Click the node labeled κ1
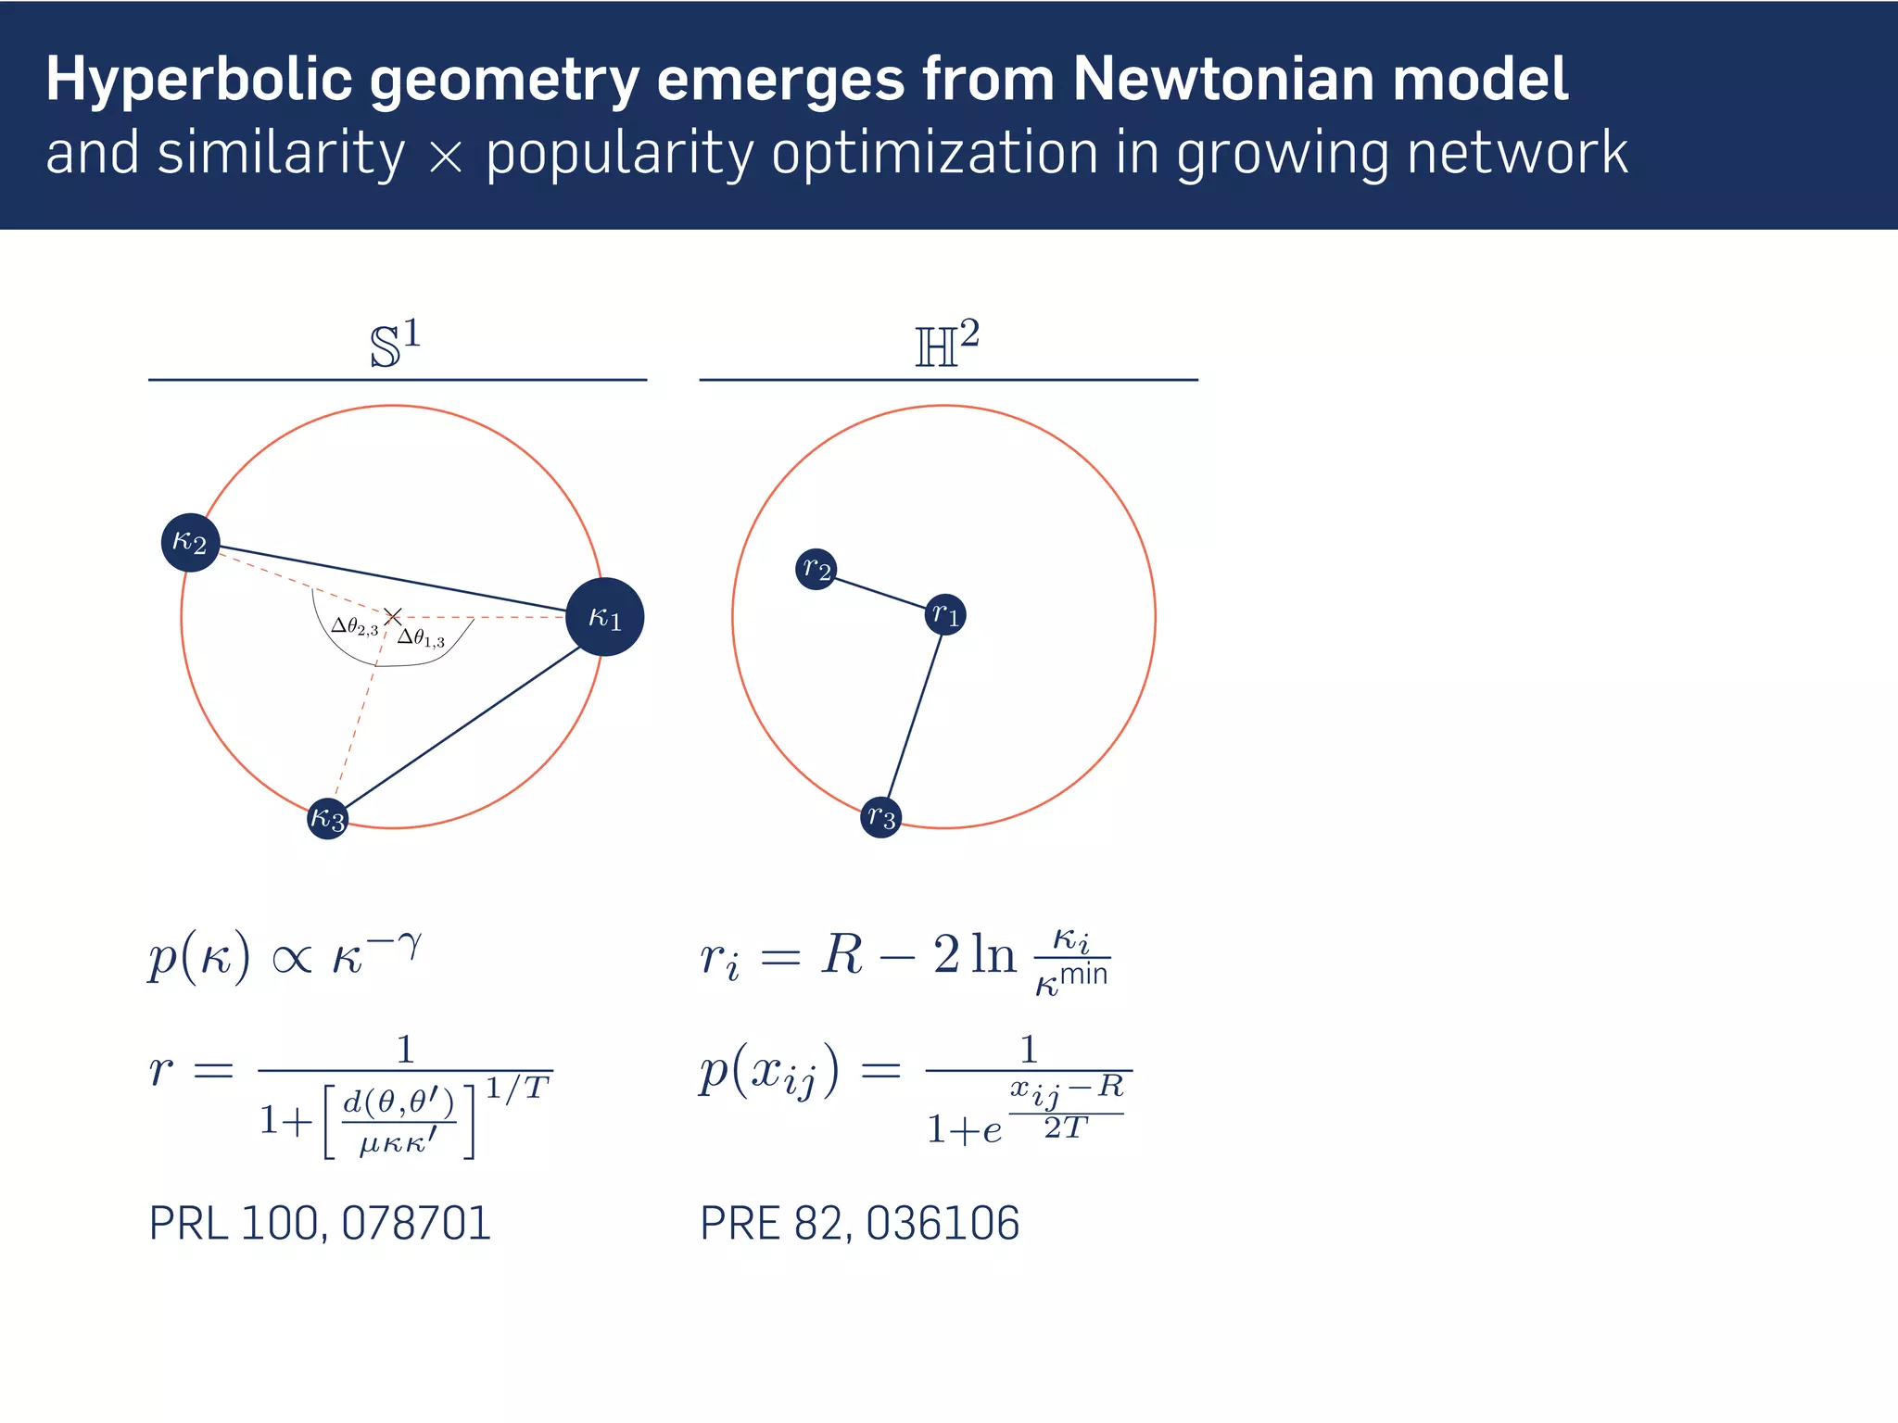pos(604,617)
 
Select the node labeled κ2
pos(190,542)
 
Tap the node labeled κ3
pos(327,818)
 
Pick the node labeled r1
pos(945,614)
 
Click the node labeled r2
pos(816,568)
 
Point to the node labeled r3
pos(880,817)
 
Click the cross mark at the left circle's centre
pos(393,616)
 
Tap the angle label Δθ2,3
pos(355,627)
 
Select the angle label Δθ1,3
pos(422,638)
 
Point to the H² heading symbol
pos(946,345)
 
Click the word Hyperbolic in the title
pos(198,80)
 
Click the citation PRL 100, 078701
pos(320,1223)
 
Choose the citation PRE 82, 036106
pos(859,1223)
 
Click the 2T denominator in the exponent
pos(1065,1127)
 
